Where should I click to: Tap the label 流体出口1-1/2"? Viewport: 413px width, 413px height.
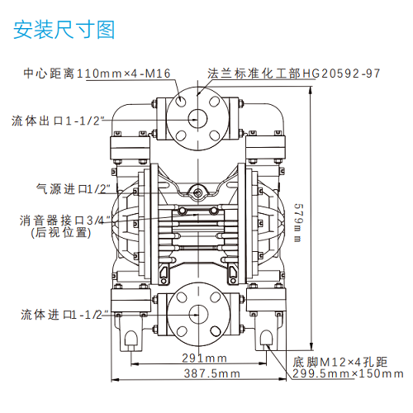(x=58, y=121)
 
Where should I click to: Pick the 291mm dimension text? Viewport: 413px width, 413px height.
(x=204, y=358)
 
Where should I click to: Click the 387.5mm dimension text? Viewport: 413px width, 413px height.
(x=212, y=373)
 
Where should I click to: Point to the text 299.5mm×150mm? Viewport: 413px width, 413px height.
(x=342, y=374)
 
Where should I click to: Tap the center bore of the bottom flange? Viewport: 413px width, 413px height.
(x=197, y=313)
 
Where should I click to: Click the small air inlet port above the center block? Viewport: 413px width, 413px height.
(x=197, y=193)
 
